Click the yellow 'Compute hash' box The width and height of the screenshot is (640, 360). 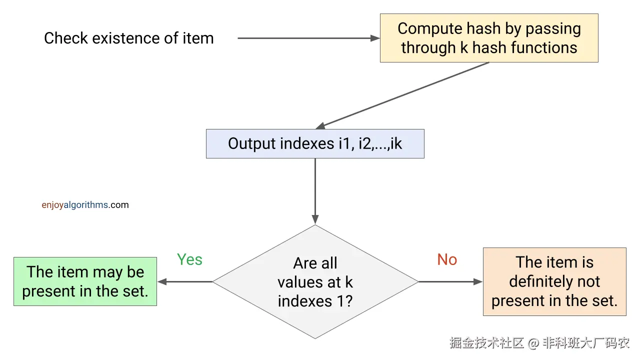[489, 38]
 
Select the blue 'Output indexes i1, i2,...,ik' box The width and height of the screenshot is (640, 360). [315, 144]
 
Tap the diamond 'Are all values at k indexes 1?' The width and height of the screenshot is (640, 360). [315, 281]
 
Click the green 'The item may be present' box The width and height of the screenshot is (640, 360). [85, 281]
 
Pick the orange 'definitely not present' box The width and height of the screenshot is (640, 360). [554, 281]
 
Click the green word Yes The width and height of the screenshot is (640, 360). [189, 259]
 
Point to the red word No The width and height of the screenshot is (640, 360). [447, 259]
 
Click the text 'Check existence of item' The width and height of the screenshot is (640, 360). [128, 38]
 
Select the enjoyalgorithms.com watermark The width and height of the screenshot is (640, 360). [85, 205]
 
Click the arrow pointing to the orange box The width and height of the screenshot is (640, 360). [450, 281]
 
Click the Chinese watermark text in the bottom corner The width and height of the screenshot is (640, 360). [539, 343]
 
